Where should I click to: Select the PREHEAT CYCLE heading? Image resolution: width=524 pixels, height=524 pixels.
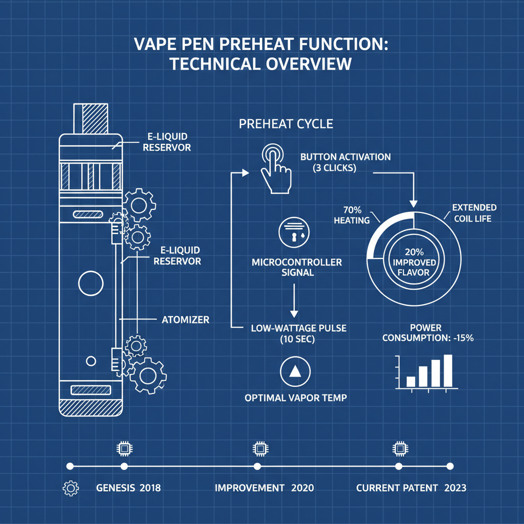click(286, 124)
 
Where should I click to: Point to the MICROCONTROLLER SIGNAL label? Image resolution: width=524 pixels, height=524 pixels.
click(297, 267)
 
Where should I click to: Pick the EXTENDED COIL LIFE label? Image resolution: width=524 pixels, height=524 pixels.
click(474, 213)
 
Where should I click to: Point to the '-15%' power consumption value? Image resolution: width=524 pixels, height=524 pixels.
click(462, 338)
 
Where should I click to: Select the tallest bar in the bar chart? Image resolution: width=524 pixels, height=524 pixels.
click(448, 370)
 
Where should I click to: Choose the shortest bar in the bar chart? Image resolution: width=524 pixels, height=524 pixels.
click(411, 381)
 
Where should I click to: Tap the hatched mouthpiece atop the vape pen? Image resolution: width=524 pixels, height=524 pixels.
click(91, 119)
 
